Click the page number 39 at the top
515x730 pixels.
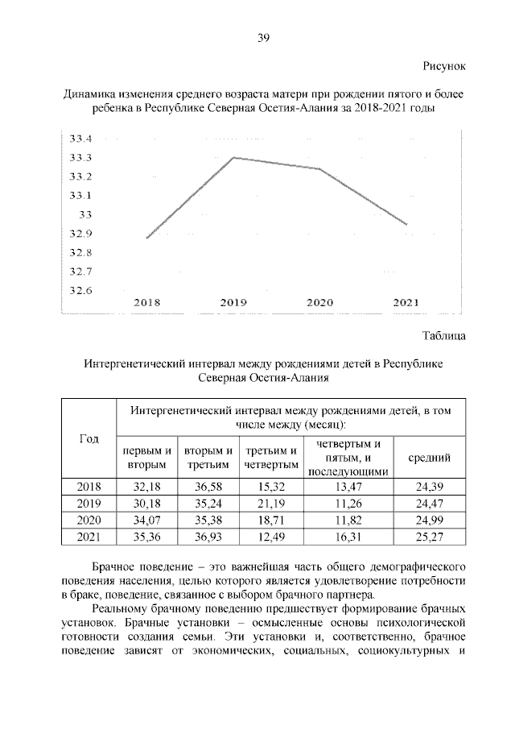point(262,37)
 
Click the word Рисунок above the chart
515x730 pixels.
point(443,65)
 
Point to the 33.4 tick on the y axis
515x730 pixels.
point(80,139)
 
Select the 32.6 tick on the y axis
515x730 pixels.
point(80,291)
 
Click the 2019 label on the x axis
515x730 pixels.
point(233,303)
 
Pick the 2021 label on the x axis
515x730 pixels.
point(406,303)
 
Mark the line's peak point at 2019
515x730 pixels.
point(233,157)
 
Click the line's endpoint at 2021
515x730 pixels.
point(407,225)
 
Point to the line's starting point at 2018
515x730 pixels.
point(146,238)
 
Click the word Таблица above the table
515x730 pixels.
point(443,334)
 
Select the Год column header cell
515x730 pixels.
point(89,438)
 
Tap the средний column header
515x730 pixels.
point(429,458)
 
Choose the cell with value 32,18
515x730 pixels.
point(146,487)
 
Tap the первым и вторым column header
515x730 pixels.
point(146,458)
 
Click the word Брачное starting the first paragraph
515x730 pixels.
point(121,569)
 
